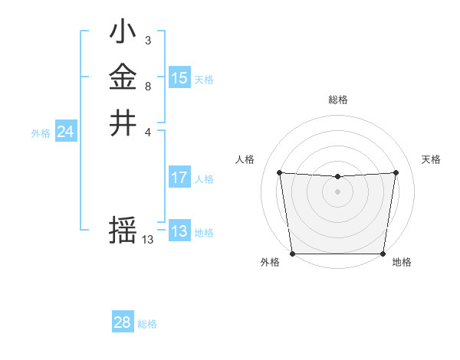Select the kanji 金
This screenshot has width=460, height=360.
[x=123, y=77]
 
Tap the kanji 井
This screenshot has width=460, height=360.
[x=123, y=123]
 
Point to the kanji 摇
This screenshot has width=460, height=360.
[x=123, y=230]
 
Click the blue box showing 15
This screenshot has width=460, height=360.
[x=179, y=78]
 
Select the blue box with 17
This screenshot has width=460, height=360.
[x=179, y=178]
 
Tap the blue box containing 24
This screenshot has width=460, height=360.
[x=66, y=132]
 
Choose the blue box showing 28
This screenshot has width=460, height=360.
[x=123, y=322]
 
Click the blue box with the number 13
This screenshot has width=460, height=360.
[x=179, y=231]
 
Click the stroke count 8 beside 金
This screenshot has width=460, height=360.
[x=147, y=87]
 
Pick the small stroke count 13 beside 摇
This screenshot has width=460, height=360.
[x=147, y=240]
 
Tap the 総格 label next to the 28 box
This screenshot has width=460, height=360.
[x=147, y=324]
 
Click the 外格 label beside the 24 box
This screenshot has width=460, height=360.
[x=41, y=133]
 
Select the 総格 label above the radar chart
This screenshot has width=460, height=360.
[x=337, y=100]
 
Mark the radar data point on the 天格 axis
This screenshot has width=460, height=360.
[x=396, y=172]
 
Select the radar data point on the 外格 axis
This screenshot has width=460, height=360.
[x=292, y=254]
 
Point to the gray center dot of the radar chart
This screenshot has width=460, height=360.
[x=337, y=191]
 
